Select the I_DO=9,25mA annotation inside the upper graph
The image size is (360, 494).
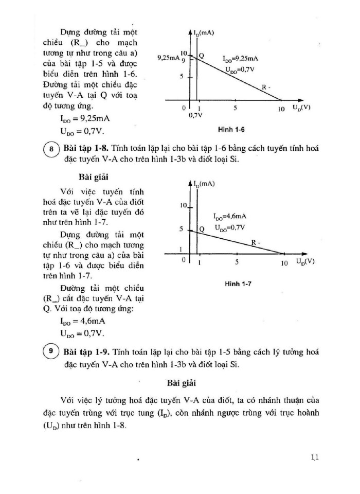pyautogui.click(x=240, y=59)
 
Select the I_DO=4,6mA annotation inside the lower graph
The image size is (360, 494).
pyautogui.click(x=230, y=217)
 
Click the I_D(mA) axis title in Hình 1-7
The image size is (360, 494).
pyautogui.click(x=205, y=183)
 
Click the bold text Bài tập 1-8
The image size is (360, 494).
pyautogui.click(x=85, y=149)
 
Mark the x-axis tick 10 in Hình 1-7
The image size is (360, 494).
pyautogui.click(x=283, y=263)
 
